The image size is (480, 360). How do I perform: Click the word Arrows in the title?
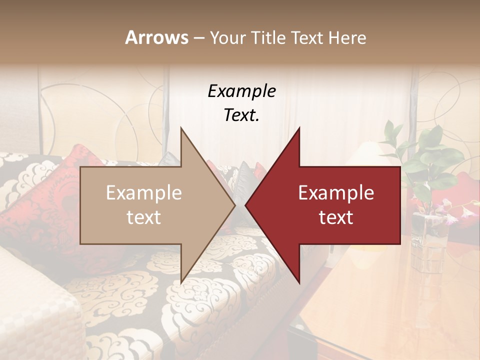click(156, 37)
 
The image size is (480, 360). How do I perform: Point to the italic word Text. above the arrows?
click(241, 115)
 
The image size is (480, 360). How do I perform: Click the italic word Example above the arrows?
click(241, 91)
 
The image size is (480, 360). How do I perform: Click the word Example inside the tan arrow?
click(143, 193)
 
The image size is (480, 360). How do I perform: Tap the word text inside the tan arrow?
click(143, 217)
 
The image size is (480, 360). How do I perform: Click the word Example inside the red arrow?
click(336, 193)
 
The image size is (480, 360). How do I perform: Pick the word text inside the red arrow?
click(336, 217)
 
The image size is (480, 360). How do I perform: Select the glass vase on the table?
click(427, 240)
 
